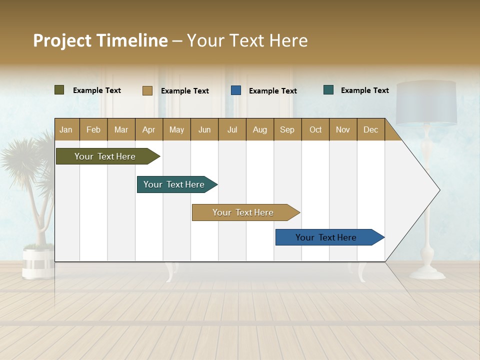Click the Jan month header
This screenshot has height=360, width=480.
[66, 129]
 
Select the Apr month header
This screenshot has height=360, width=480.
[149, 129]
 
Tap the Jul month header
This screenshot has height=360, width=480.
[232, 129]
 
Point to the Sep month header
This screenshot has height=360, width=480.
[287, 129]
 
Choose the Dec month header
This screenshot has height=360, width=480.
[370, 129]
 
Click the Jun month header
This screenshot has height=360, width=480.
[204, 129]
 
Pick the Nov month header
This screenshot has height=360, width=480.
[343, 129]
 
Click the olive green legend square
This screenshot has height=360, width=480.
[59, 90]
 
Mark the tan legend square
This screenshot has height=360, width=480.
[147, 90]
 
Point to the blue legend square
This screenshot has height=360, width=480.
[236, 90]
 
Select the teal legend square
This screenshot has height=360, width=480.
[328, 90]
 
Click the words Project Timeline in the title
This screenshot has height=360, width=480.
[100, 40]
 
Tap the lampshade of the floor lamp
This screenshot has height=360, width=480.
[426, 102]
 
